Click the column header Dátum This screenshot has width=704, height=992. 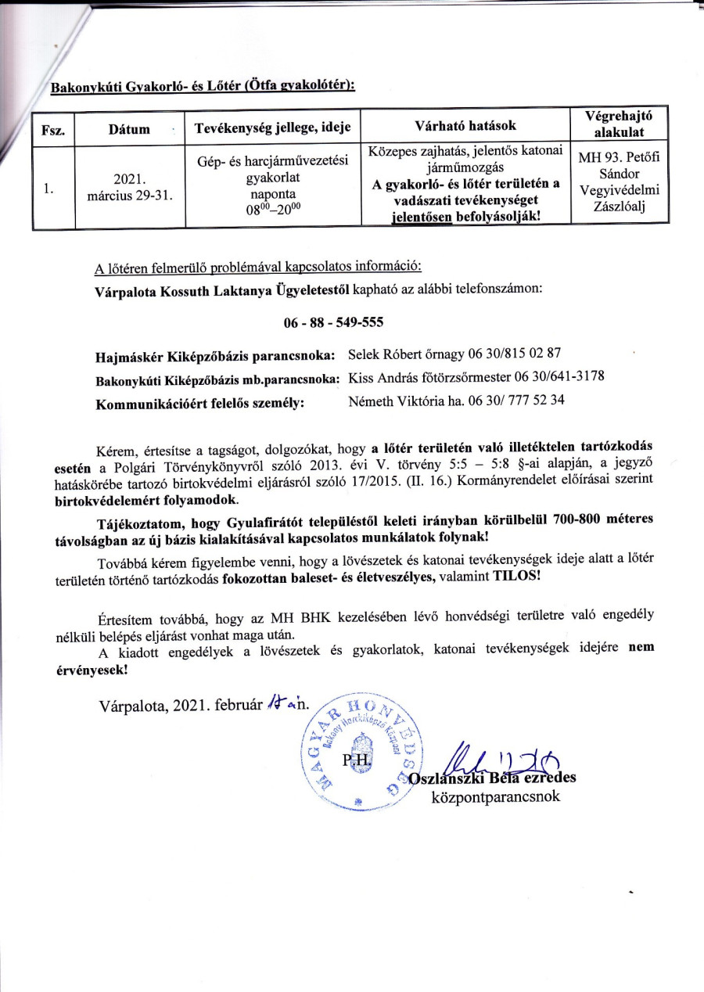click(x=130, y=129)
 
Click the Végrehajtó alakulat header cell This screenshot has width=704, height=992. click(x=619, y=124)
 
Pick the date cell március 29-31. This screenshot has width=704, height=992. click(x=130, y=195)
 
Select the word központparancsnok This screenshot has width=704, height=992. click(x=495, y=797)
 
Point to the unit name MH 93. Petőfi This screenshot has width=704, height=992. click(x=619, y=159)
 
